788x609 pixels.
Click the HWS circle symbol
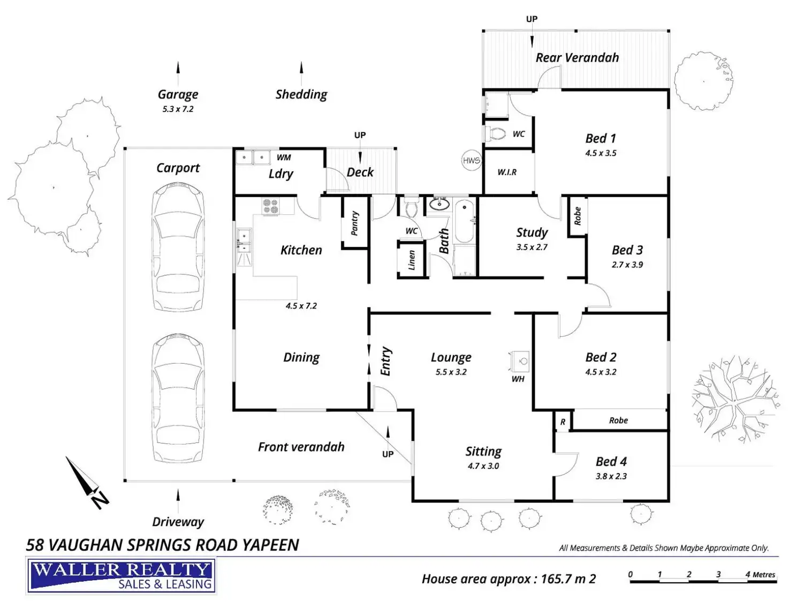[471, 160]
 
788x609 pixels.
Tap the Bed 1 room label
[600, 138]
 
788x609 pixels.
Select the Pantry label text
[354, 223]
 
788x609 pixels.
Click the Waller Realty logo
[120, 575]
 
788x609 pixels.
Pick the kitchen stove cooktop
[270, 206]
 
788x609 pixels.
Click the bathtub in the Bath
[464, 221]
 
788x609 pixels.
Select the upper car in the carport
[178, 247]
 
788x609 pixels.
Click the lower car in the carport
[178, 398]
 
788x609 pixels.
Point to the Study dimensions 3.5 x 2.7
[532, 247]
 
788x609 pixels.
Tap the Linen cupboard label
[412, 260]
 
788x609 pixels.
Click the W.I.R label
[507, 172]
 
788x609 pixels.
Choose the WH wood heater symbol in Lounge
[519, 362]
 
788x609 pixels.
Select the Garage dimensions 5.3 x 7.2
[178, 109]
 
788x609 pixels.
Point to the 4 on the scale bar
[748, 574]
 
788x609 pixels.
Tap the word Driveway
[178, 522]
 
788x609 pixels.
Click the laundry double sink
[253, 157]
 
